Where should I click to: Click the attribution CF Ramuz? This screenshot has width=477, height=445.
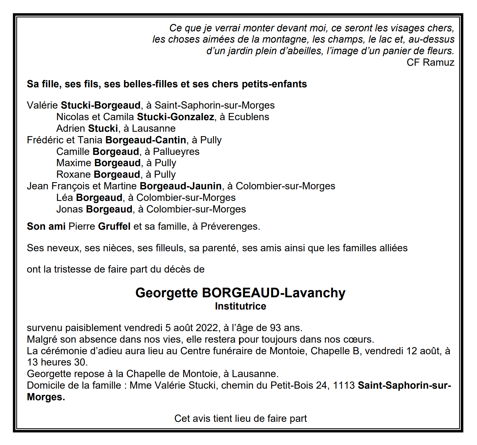(430, 63)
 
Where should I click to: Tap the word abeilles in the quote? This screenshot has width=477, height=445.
(301, 51)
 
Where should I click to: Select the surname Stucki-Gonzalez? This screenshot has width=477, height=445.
(175, 117)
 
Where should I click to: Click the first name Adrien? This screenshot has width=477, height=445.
(71, 129)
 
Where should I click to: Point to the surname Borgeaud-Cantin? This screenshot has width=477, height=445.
(146, 140)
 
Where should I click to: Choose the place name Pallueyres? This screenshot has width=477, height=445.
(176, 152)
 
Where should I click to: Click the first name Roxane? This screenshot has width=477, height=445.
(73, 175)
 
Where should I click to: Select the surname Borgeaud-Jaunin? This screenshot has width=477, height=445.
(181, 186)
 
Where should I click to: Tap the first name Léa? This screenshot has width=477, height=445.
(64, 198)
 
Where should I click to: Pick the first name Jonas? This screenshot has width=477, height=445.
(70, 209)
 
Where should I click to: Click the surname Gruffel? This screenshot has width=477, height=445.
(114, 227)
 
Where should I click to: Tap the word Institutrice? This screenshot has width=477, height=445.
(240, 306)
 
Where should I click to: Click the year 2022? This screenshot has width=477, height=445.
(207, 328)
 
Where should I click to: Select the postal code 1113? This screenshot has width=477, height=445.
(344, 386)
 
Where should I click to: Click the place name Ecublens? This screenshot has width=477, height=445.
(249, 117)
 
